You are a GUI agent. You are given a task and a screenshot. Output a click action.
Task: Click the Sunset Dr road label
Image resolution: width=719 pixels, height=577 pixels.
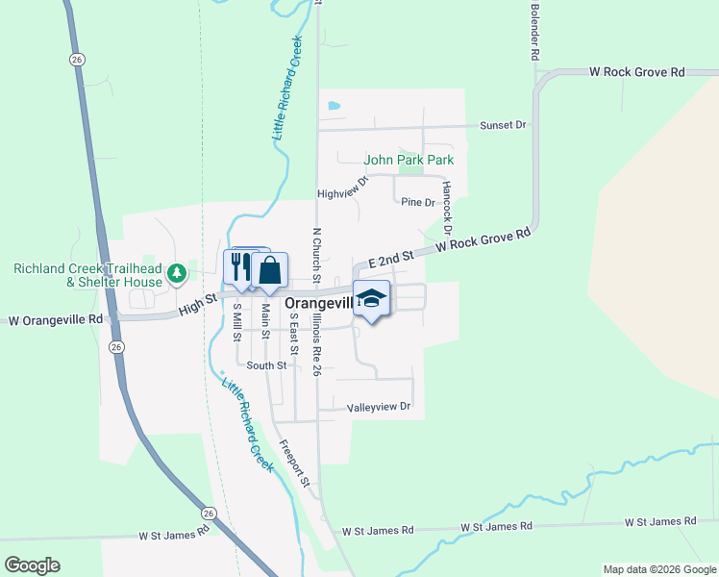[504, 125]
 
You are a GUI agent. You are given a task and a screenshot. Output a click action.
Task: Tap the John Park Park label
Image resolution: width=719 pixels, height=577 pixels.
[409, 160]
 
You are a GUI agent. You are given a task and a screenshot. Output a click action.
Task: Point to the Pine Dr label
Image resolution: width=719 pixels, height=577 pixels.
[418, 202]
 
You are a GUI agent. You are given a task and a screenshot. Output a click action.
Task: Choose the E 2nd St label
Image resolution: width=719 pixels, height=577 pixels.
[389, 256]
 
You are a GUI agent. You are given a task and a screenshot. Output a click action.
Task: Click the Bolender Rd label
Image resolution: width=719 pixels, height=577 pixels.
[533, 32]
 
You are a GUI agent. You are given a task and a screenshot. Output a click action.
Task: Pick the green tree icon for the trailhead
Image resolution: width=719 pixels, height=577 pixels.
[176, 274]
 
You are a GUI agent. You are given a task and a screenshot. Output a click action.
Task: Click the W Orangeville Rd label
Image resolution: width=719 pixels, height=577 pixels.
[55, 319]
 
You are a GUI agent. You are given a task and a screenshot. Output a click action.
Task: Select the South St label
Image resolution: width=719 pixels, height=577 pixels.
[266, 365]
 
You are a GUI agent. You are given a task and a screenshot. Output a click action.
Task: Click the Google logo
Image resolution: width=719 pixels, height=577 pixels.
[32, 565]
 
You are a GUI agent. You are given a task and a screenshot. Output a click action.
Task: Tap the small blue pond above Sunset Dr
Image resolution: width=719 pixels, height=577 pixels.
[334, 105]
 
